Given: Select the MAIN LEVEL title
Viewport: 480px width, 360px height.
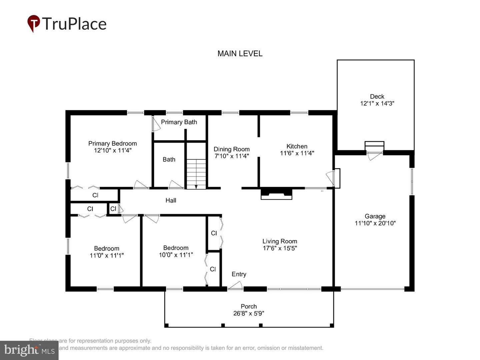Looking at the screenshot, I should [x=240, y=54].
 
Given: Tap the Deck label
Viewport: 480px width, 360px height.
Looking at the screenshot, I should [x=377, y=96].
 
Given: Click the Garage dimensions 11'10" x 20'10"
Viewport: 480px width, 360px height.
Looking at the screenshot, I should [x=375, y=223].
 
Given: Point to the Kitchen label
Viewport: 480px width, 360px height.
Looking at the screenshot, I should [x=297, y=146].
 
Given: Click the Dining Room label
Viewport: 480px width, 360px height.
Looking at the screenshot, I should [x=231, y=149].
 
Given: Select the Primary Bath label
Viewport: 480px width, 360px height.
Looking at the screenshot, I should [x=179, y=122].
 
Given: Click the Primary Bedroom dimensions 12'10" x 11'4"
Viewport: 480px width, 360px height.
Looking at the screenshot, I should [x=113, y=150].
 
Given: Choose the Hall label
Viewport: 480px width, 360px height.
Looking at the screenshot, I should [x=171, y=200].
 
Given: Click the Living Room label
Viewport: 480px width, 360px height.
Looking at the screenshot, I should [x=279, y=241].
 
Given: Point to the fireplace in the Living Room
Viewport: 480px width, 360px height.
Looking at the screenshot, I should [x=276, y=194].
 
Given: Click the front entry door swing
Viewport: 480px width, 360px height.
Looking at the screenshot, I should [x=236, y=286].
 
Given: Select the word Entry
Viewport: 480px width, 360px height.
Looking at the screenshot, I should [x=239, y=274].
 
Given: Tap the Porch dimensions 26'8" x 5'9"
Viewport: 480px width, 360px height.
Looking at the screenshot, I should [x=249, y=313].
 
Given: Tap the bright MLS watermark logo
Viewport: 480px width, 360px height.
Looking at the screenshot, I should [x=29, y=350].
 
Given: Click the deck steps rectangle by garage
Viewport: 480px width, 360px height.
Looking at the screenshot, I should [x=374, y=145].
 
